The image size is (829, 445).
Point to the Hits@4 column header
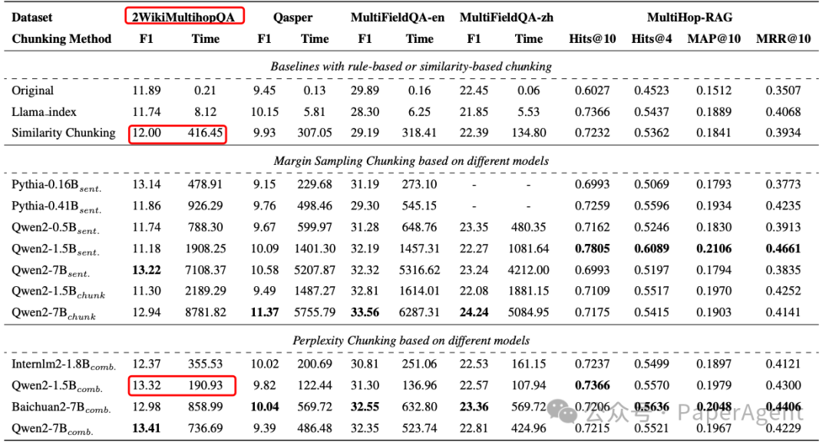(652, 38)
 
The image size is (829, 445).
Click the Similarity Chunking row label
(63, 133)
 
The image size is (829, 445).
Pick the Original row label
(32, 91)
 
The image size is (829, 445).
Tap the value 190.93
(203, 385)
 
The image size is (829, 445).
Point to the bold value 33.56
(365, 312)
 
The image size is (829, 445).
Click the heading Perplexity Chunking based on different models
(411, 340)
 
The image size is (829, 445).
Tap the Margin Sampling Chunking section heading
(411, 160)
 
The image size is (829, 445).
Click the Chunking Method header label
(61, 38)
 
